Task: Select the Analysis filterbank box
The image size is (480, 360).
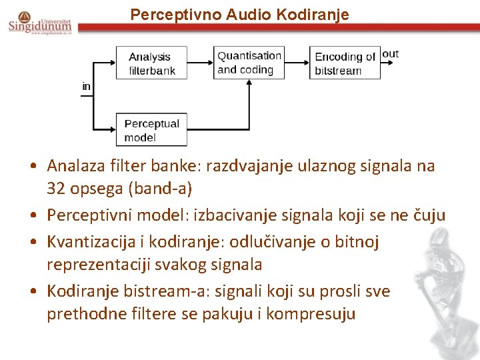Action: point(151,63)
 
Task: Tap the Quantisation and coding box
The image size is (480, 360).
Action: point(249,63)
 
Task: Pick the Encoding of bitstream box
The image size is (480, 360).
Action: point(345,63)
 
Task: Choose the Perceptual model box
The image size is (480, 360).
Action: point(151,130)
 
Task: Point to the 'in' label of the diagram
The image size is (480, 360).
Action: point(87,87)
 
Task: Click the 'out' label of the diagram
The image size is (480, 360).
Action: point(391,54)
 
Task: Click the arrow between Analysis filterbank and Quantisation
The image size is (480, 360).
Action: point(200,63)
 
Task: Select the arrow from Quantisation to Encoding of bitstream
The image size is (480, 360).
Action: point(297,63)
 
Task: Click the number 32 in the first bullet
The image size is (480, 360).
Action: point(55,189)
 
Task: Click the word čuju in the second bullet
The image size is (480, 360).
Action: point(427,215)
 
